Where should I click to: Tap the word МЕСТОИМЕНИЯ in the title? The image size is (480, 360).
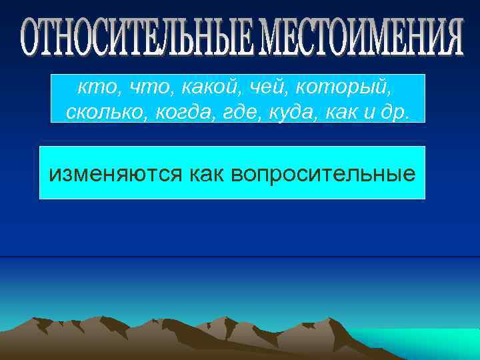[x=361, y=38]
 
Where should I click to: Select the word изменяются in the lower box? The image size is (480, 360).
[x=116, y=175]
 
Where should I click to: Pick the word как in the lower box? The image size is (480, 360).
[x=208, y=174]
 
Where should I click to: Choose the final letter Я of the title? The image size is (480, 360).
[x=453, y=38]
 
